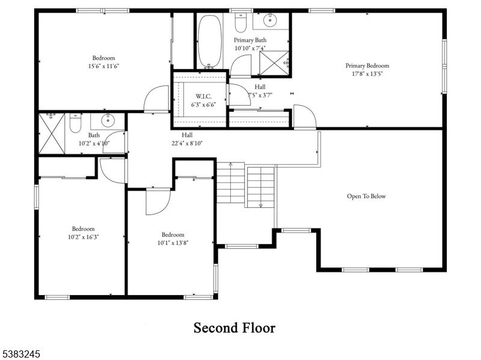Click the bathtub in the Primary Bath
pos(209,41)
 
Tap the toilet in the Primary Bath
pos(240,23)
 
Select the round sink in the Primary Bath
pos(270,20)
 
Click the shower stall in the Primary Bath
pos(274,63)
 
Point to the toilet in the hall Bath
pos(75,123)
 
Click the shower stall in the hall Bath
pos(52,133)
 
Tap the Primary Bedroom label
pos(367,66)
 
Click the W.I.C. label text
pos(204,96)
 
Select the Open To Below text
pos(366,197)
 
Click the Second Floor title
pos(234,328)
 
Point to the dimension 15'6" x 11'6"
pos(103,66)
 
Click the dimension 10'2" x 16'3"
pos(84,237)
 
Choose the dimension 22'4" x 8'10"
pos(187,143)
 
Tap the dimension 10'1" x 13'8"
pos(173,243)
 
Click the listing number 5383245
pos(20,354)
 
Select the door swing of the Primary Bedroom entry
pos(305,116)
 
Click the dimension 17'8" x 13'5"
pos(367,73)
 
